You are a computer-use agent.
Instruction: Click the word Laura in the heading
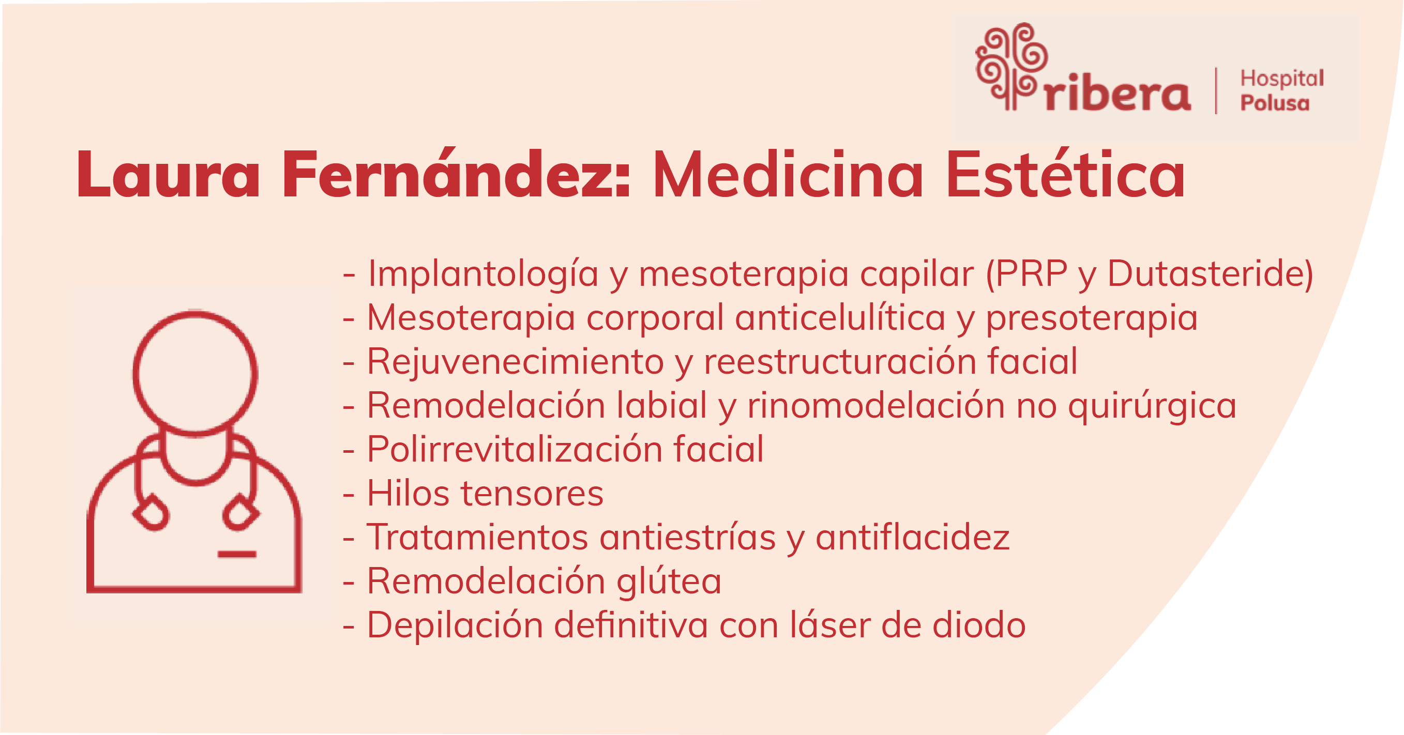click(x=169, y=174)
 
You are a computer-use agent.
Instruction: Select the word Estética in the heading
click(x=1065, y=173)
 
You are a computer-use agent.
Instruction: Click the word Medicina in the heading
click(x=788, y=174)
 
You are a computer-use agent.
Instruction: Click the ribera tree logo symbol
click(x=1011, y=67)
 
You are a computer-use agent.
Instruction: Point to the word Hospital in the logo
click(x=1282, y=79)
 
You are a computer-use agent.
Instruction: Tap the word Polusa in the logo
click(x=1275, y=103)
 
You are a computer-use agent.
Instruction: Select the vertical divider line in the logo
click(x=1216, y=90)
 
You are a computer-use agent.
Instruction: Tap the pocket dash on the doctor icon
click(x=236, y=555)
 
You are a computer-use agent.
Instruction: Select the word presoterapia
click(x=1092, y=319)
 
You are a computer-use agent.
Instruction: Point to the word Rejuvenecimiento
click(x=516, y=362)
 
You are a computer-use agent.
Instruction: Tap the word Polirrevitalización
click(x=515, y=450)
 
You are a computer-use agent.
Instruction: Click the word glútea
click(x=669, y=581)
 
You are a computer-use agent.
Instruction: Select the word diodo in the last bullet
click(x=979, y=625)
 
